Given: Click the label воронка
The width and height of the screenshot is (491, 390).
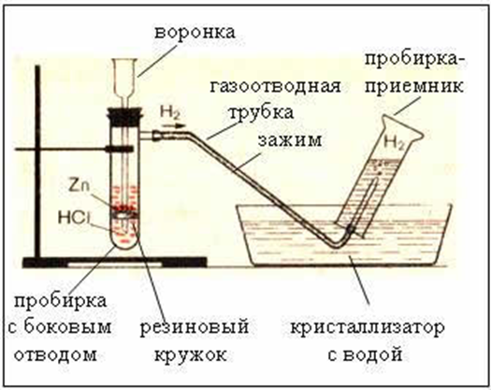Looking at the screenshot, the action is (195, 32).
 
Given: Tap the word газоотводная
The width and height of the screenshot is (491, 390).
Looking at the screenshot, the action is (275, 86).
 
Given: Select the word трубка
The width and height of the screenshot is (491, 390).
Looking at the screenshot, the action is (262, 113).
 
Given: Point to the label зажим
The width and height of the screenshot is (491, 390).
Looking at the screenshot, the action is (290, 140).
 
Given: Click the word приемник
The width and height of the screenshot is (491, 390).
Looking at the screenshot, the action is (414, 86).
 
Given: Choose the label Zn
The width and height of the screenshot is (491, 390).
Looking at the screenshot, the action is (79, 186).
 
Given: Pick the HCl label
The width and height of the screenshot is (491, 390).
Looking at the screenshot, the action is (74, 217).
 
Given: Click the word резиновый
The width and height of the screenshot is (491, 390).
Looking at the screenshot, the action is (194, 327).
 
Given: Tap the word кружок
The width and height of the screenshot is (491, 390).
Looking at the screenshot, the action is (191, 355).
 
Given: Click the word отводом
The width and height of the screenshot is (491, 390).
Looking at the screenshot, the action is (55, 354).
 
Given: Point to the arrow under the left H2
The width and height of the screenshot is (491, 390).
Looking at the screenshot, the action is (171, 126).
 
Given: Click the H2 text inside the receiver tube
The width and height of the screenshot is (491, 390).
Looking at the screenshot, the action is (395, 143).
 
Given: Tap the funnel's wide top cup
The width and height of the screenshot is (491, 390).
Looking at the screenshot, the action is (124, 76).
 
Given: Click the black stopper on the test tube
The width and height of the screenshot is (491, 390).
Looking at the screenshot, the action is (125, 116).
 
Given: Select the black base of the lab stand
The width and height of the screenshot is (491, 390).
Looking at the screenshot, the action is (115, 263).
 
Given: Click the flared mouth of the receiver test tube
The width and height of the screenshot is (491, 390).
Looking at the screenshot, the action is (403, 128).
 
